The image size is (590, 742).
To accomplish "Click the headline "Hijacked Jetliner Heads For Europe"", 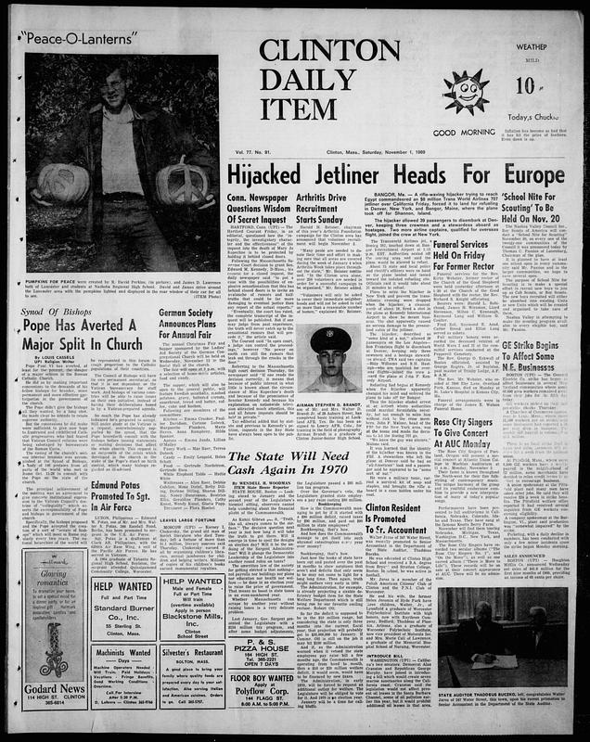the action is [360, 148].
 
